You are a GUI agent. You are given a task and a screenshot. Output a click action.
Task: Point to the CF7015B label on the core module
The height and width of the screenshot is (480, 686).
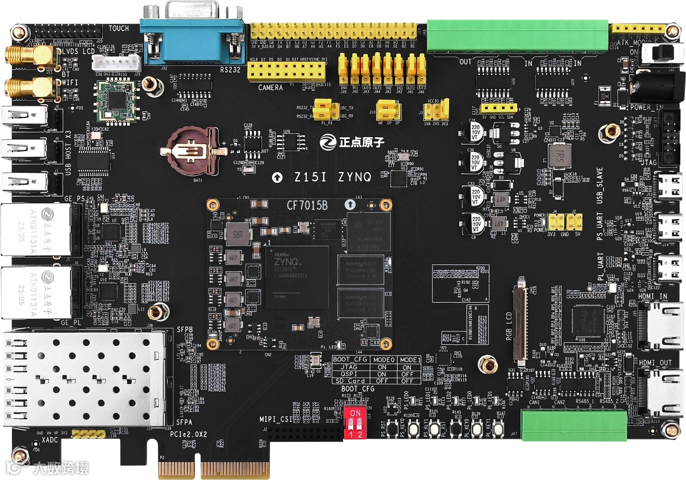click(x=307, y=205)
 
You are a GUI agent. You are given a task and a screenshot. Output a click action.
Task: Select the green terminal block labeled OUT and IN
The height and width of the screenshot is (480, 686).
click(x=516, y=37)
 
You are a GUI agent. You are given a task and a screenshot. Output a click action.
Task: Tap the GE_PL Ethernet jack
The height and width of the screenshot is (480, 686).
click(x=36, y=292)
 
